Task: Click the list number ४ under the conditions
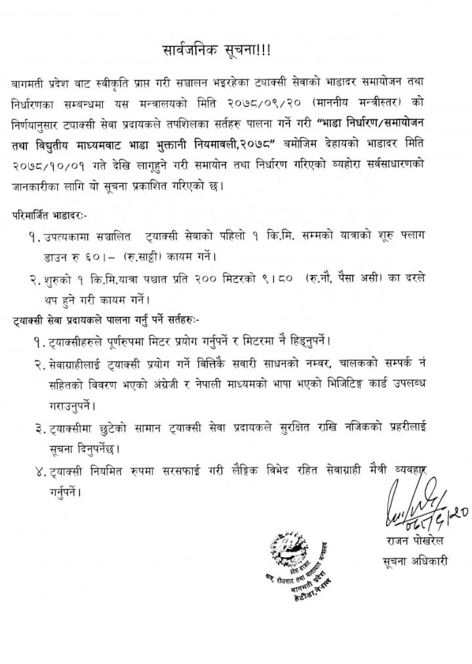coord(41,470)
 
